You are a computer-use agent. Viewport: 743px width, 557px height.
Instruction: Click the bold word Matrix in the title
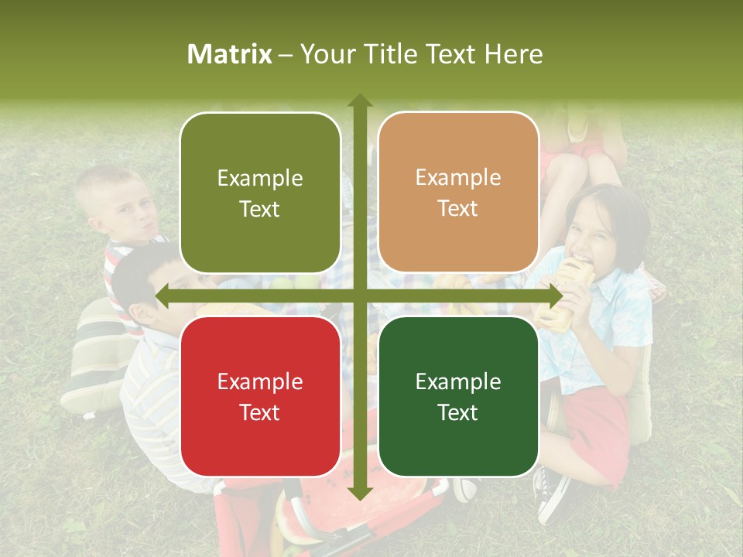pos(230,54)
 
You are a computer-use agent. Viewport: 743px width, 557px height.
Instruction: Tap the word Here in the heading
pos(514,54)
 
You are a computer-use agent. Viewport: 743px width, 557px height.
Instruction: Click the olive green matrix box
pos(260,193)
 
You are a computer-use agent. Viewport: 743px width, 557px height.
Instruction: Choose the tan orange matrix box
pos(458,193)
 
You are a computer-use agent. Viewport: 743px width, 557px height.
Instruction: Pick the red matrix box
pos(260,396)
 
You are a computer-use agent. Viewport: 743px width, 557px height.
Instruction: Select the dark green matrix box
pos(458,396)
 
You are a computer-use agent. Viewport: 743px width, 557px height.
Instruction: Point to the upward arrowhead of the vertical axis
pos(360,101)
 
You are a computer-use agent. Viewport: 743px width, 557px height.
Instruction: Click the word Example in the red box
pos(260,381)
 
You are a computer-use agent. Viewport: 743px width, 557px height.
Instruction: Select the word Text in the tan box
pos(458,209)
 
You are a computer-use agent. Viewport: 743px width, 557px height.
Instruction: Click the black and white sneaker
pos(551,495)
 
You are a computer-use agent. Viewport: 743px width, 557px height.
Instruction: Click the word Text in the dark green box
pos(458,412)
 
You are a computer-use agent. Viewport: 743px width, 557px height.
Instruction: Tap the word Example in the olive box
pos(260,178)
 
